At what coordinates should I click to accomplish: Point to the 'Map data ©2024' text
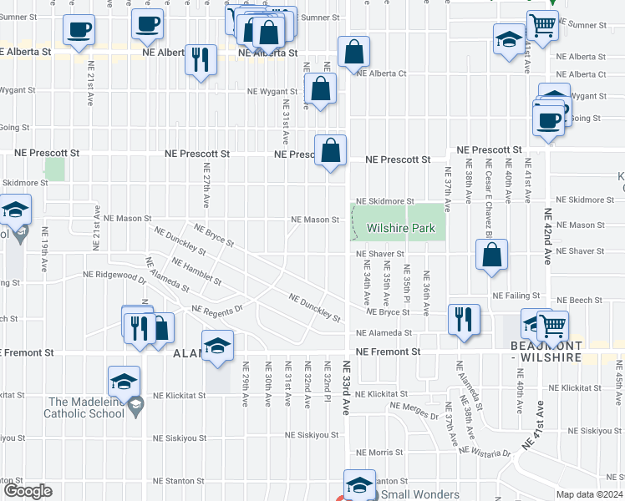(x=590, y=494)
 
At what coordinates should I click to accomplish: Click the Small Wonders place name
(x=420, y=494)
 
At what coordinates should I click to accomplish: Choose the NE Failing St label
(x=511, y=296)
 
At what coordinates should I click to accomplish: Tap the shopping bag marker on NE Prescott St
(x=331, y=150)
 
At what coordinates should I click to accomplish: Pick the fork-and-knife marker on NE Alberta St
(x=200, y=58)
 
